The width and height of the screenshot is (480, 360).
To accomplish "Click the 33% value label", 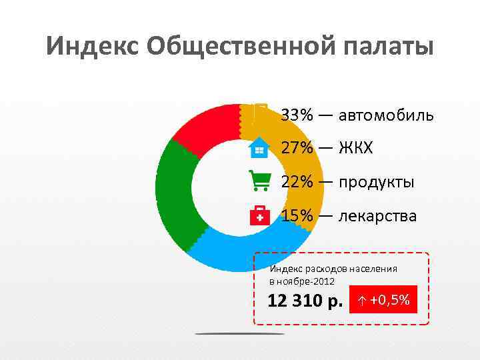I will click(x=297, y=115).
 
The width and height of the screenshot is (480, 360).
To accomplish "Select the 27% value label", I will click(x=297, y=147).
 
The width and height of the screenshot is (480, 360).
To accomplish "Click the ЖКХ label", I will click(x=355, y=147).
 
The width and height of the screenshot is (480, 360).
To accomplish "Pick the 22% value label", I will click(x=297, y=182).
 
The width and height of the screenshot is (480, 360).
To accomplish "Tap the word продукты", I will click(x=376, y=182).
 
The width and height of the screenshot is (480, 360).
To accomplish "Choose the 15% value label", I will click(x=297, y=216).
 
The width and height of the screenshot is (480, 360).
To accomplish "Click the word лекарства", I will click(x=377, y=216).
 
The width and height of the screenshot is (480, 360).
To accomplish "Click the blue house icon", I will click(x=259, y=147).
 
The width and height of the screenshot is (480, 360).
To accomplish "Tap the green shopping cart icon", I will click(x=259, y=181).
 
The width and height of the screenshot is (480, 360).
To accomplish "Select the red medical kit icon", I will click(x=259, y=215).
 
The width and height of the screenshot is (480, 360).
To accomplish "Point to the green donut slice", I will click(x=173, y=193).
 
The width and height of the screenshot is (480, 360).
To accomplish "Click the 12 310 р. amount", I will click(x=304, y=301).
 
